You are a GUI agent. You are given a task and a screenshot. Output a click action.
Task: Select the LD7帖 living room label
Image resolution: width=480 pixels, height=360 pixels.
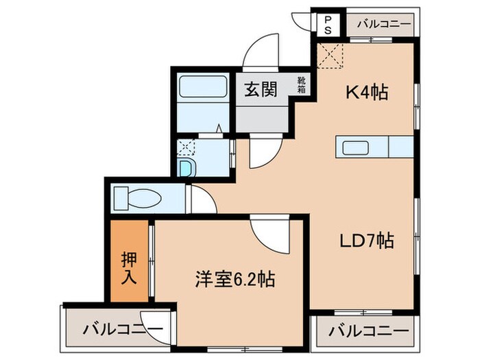[x=367, y=241]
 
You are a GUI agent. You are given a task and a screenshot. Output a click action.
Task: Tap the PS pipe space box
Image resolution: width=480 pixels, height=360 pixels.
[x=327, y=25]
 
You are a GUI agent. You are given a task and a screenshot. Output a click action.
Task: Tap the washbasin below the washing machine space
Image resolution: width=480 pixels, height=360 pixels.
[x=186, y=168]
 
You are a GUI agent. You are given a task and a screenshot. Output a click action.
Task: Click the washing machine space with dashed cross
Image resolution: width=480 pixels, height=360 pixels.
[x=185, y=146]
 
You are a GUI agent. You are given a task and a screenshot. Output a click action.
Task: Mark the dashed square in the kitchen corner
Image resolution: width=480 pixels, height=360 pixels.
[x=333, y=56]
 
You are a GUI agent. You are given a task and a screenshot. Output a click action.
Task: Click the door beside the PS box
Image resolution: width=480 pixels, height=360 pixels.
[x=302, y=21]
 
